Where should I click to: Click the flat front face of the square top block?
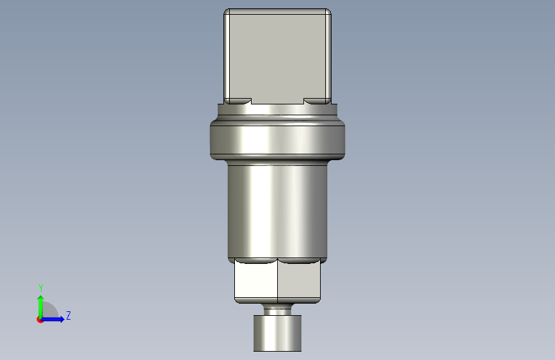coord(278,57)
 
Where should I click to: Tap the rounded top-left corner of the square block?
coord(227,12)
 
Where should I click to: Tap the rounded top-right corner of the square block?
coord(328,12)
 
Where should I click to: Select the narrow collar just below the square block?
coord(278,110)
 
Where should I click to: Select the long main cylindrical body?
coord(278,211)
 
